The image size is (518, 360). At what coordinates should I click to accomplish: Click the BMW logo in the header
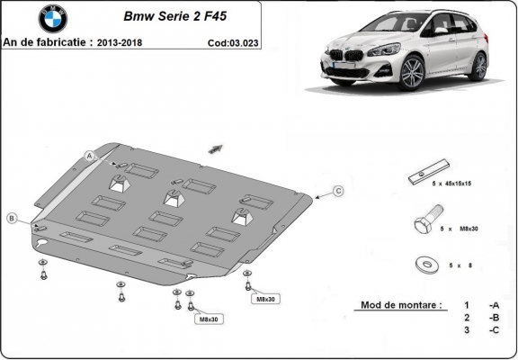(x=52, y=19)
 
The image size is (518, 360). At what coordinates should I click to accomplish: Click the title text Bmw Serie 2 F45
(x=168, y=16)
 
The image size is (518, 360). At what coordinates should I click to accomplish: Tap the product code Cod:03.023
(x=231, y=41)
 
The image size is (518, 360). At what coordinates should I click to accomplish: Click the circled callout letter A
(x=90, y=157)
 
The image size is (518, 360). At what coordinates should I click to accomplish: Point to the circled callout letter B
(x=12, y=218)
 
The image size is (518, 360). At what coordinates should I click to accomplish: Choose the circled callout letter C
(x=338, y=190)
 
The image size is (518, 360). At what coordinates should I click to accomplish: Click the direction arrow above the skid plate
(x=215, y=147)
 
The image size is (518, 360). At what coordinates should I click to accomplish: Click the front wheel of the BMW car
(x=412, y=73)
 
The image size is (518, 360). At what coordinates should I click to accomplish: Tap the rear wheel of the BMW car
(x=480, y=65)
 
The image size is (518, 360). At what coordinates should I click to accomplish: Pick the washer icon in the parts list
(x=425, y=264)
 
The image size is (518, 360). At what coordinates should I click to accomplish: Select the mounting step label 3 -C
(x=481, y=330)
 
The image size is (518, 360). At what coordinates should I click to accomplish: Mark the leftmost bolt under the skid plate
(x=44, y=270)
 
